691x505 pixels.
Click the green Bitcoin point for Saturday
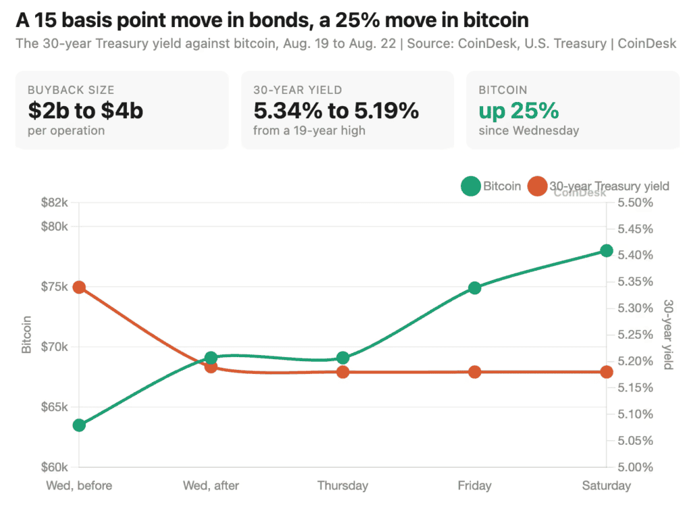pos(607,251)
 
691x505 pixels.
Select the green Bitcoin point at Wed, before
pos(80,425)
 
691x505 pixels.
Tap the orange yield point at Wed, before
pos(80,288)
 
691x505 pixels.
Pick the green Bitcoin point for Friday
pos(474,288)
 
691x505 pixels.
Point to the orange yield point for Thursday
pos(343,372)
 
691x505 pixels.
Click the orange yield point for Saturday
pos(607,372)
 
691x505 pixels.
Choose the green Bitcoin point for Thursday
pos(343,358)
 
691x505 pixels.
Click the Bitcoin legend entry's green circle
pos(470,186)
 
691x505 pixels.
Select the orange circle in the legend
pos(537,186)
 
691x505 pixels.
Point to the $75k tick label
pos(55,287)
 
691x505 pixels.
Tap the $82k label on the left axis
pos(55,203)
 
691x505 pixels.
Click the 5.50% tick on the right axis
pos(635,203)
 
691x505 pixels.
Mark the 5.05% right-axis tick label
pos(635,441)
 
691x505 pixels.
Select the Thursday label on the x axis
pos(343,485)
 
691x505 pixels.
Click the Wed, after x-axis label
pos(211,485)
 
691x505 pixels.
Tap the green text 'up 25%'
pos(519,110)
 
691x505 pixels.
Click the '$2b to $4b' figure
pos(86,110)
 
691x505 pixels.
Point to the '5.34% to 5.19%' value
pos(336,110)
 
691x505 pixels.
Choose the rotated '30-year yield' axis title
pos(669,334)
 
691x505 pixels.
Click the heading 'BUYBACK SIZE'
pos(71,90)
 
